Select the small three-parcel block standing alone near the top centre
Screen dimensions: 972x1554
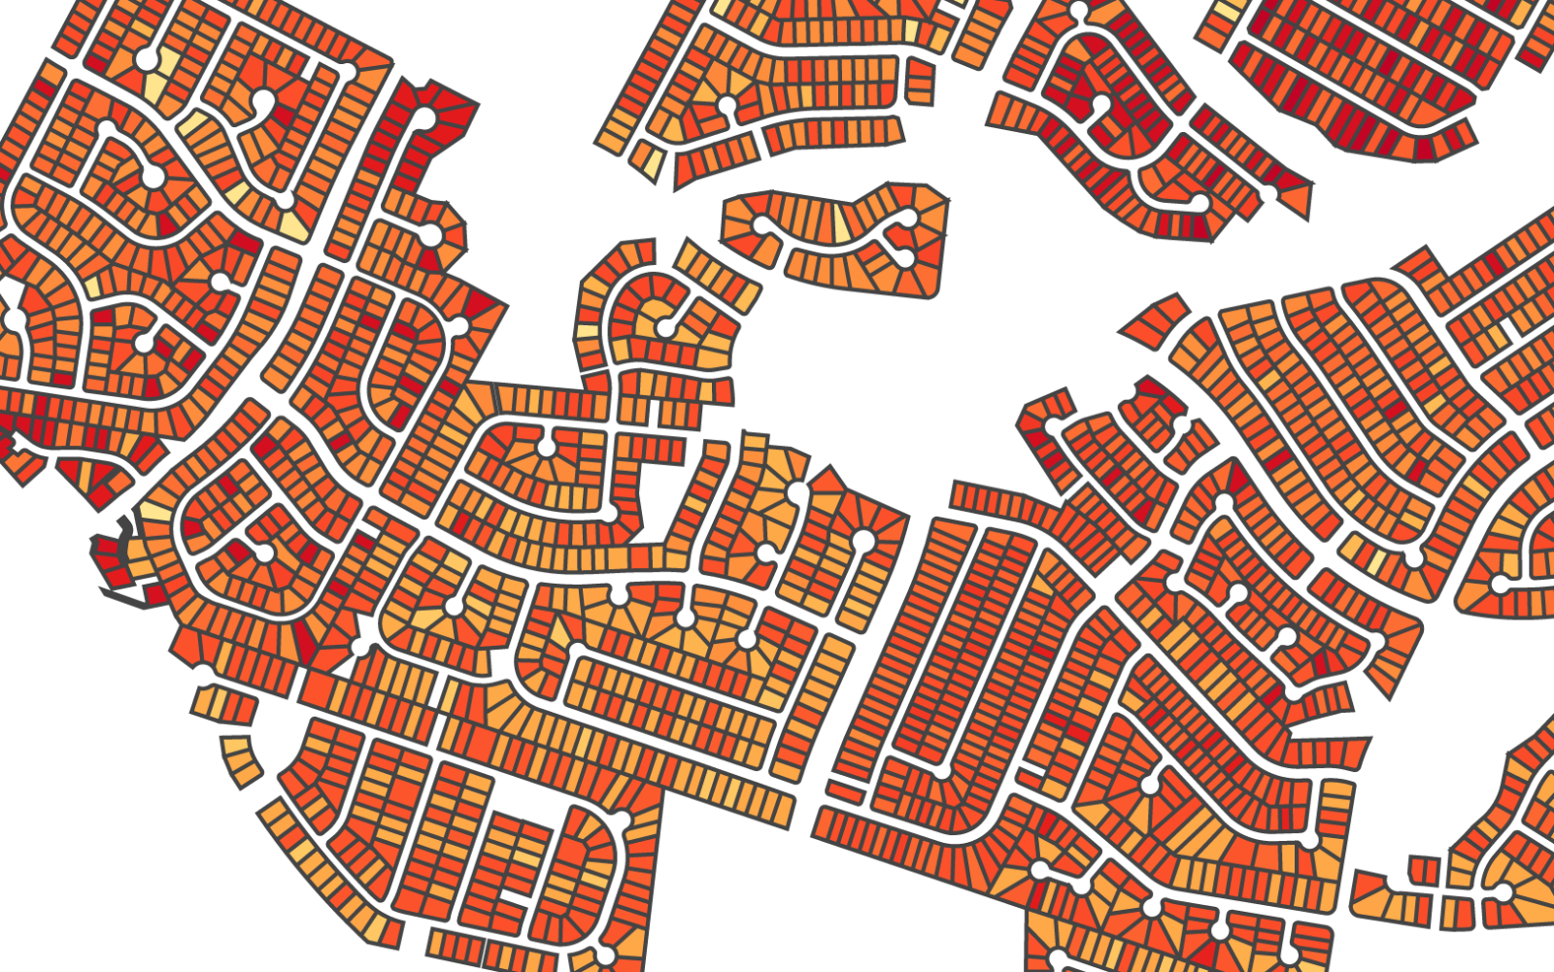(x=920, y=82)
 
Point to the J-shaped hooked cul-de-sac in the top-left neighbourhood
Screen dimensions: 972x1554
(x=262, y=100)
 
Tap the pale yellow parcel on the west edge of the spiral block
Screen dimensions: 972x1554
(x=587, y=332)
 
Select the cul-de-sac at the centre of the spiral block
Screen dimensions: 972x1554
(x=664, y=328)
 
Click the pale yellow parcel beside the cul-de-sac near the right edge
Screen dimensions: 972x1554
(x=1376, y=561)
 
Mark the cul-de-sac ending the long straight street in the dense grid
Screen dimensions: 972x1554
(x=940, y=769)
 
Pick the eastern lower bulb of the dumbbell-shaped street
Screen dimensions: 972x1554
(x=903, y=257)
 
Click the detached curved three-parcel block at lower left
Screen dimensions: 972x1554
(x=241, y=759)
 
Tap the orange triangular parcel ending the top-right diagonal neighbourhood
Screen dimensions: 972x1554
(x=1296, y=199)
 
